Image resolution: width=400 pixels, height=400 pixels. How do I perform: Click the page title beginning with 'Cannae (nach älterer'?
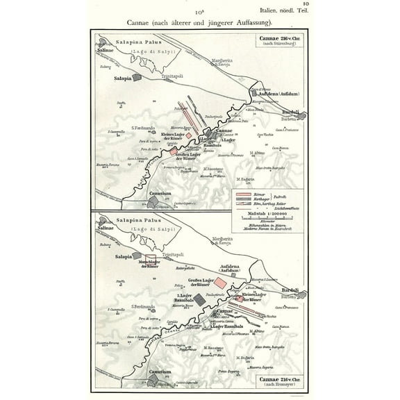pos(200,21)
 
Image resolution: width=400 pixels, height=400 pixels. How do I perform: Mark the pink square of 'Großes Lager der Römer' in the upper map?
pos(172,149)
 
